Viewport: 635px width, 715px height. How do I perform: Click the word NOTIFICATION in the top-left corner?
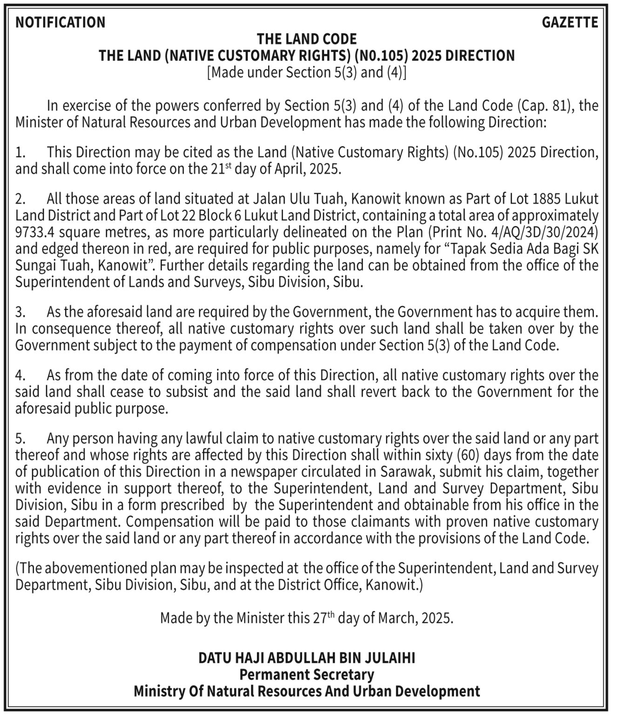[61, 22]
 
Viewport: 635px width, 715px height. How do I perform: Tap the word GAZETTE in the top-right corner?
[570, 22]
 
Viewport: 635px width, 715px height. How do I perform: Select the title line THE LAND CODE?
[307, 39]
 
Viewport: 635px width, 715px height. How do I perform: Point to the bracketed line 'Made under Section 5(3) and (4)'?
[307, 72]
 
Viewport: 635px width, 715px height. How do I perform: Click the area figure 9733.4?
[35, 232]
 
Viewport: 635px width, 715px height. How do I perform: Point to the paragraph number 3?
[20, 312]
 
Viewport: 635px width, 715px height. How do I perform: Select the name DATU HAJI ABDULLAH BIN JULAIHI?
[307, 658]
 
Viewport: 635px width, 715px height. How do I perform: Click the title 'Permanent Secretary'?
[307, 675]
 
